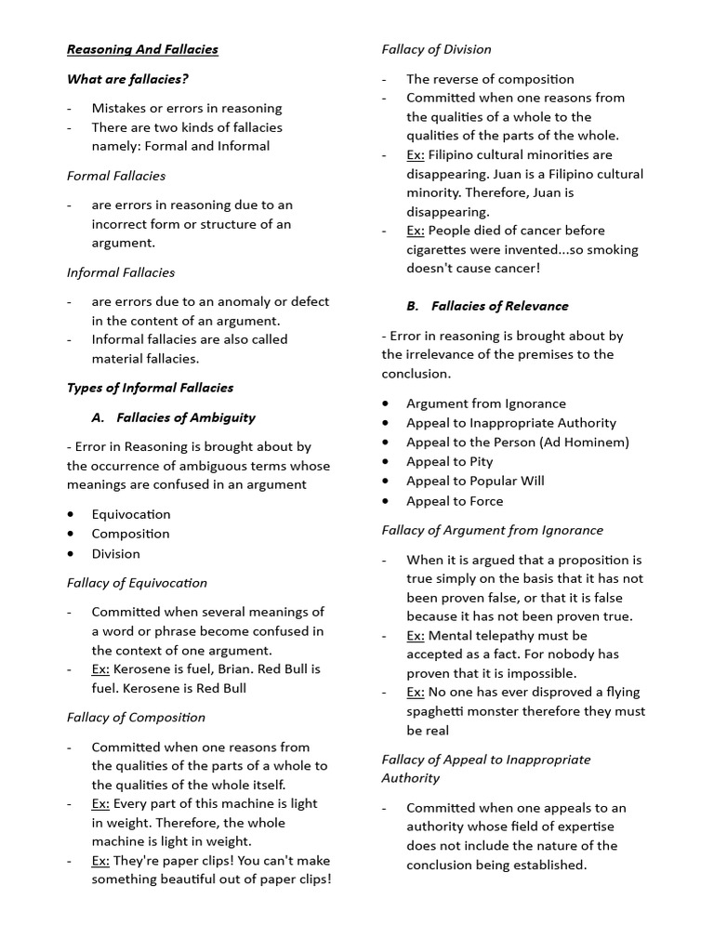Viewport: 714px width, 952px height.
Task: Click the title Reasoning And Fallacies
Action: tap(142, 49)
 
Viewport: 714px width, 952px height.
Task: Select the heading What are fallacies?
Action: tap(127, 79)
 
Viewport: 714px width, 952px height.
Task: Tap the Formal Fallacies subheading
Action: tap(116, 176)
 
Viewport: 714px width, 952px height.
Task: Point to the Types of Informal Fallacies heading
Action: tap(150, 388)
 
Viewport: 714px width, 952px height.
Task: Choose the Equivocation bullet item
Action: tap(131, 514)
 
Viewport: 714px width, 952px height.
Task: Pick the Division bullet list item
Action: tap(115, 553)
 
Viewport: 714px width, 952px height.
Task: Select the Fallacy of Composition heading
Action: tap(136, 718)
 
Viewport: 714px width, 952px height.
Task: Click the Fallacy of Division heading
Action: tap(436, 49)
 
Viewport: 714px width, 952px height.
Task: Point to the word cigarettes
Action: tap(443, 249)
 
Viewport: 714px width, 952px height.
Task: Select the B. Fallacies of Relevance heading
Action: tap(487, 306)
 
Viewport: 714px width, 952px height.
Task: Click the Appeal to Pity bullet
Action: tap(450, 461)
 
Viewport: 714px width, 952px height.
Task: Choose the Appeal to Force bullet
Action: tap(455, 501)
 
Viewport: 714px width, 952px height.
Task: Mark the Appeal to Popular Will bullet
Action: tap(475, 481)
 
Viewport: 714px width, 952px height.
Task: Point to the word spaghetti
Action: tap(440, 711)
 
